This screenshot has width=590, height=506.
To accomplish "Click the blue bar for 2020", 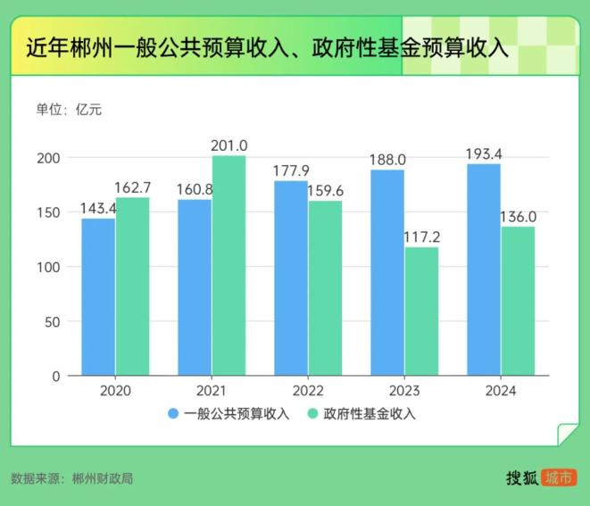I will click(98, 296).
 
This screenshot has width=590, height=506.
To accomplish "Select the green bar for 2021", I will click(229, 266).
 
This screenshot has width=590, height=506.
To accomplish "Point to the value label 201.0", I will click(229, 145).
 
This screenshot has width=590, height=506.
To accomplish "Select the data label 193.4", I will click(484, 153).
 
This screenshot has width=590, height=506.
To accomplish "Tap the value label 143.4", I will click(97, 208).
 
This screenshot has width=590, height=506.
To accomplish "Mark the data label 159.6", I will click(325, 190).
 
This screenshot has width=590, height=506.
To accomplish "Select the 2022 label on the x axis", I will click(308, 391).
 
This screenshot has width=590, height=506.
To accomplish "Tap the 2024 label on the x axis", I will click(501, 391).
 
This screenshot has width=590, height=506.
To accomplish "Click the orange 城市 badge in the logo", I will click(559, 477).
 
